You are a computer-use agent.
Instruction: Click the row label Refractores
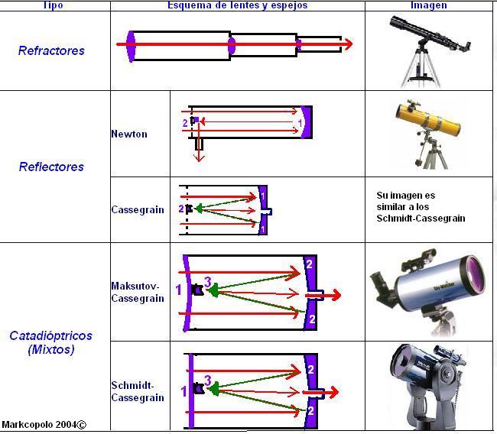point(51,50)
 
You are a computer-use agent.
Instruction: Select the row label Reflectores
point(51,167)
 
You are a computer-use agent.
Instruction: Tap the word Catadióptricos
point(50,335)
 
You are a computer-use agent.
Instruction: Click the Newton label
point(129,134)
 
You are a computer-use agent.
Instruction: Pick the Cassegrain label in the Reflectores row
point(138,209)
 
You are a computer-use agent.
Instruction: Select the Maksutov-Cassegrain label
point(138,292)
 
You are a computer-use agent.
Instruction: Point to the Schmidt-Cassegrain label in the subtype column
point(138,391)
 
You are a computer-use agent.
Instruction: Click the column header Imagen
point(429,5)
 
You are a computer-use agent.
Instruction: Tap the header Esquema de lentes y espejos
point(237,5)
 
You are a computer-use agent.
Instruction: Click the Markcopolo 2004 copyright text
point(44,425)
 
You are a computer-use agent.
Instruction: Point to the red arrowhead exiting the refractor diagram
point(349,44)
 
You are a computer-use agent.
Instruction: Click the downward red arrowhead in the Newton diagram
point(199,157)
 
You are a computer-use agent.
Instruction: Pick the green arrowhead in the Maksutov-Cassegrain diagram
point(213,290)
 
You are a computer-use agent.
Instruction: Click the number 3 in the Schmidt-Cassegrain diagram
point(208,381)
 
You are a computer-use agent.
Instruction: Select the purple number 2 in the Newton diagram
point(185,123)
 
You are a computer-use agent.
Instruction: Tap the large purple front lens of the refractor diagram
point(131,47)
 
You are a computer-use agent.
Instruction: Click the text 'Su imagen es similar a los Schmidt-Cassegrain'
point(421,207)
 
